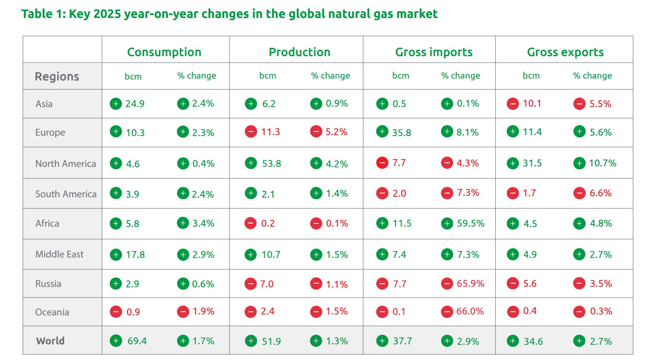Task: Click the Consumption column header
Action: click(164, 52)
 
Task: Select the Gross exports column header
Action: click(565, 52)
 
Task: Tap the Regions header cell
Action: click(57, 76)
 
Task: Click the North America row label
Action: click(66, 164)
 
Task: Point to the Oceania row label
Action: click(52, 312)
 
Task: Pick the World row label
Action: click(50, 341)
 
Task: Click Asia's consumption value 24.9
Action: click(135, 104)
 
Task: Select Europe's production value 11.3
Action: click(270, 132)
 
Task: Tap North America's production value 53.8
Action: click(271, 163)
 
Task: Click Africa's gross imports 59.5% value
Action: click(470, 223)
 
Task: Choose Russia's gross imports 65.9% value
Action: click(470, 284)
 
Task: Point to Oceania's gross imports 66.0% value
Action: click(470, 311)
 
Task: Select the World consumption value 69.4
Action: click(137, 341)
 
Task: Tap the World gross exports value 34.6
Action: click(533, 341)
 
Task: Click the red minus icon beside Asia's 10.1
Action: click(513, 104)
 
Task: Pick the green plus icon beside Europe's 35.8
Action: click(382, 131)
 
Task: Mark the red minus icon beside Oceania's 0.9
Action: click(116, 311)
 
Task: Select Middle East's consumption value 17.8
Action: click(135, 254)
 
